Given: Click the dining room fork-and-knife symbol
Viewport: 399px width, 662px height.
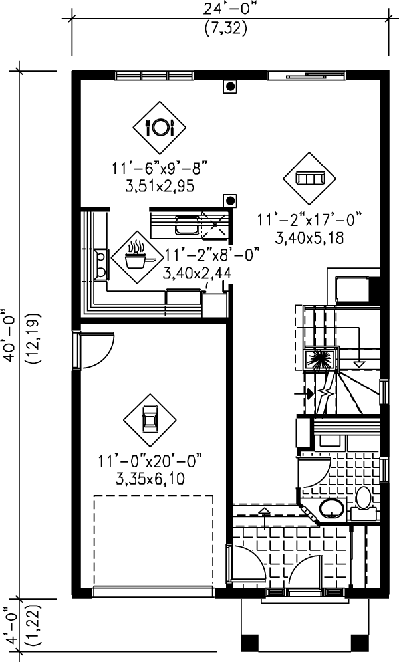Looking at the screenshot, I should (160, 126).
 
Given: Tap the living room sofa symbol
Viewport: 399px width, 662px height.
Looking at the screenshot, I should (309, 179).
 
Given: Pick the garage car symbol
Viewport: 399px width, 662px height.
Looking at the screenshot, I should (150, 420).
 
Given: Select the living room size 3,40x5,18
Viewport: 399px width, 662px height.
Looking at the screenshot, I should (309, 237).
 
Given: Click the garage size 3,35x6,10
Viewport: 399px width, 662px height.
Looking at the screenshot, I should (150, 479).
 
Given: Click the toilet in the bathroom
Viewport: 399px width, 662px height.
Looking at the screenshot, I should (363, 500).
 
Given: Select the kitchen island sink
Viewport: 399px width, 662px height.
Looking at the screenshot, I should (186, 226).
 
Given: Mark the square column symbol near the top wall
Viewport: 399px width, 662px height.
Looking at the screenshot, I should (230, 86).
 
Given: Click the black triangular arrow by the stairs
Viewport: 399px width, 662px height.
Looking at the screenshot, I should (310, 393).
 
